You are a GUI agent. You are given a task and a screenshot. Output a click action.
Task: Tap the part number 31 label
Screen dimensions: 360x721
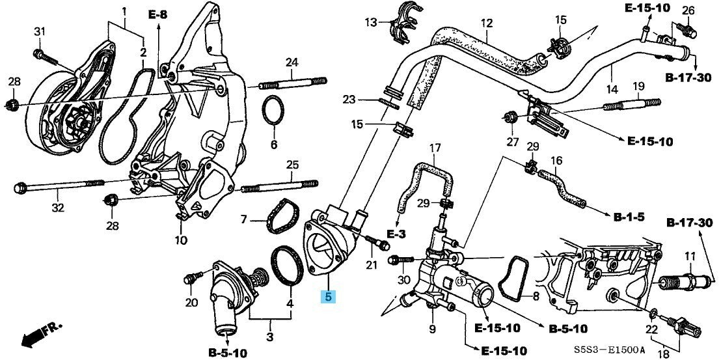[x=40, y=33]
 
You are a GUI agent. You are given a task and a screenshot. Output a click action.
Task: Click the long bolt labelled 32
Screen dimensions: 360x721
[x=59, y=188]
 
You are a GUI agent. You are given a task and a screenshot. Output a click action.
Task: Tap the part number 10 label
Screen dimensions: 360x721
[x=181, y=240]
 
